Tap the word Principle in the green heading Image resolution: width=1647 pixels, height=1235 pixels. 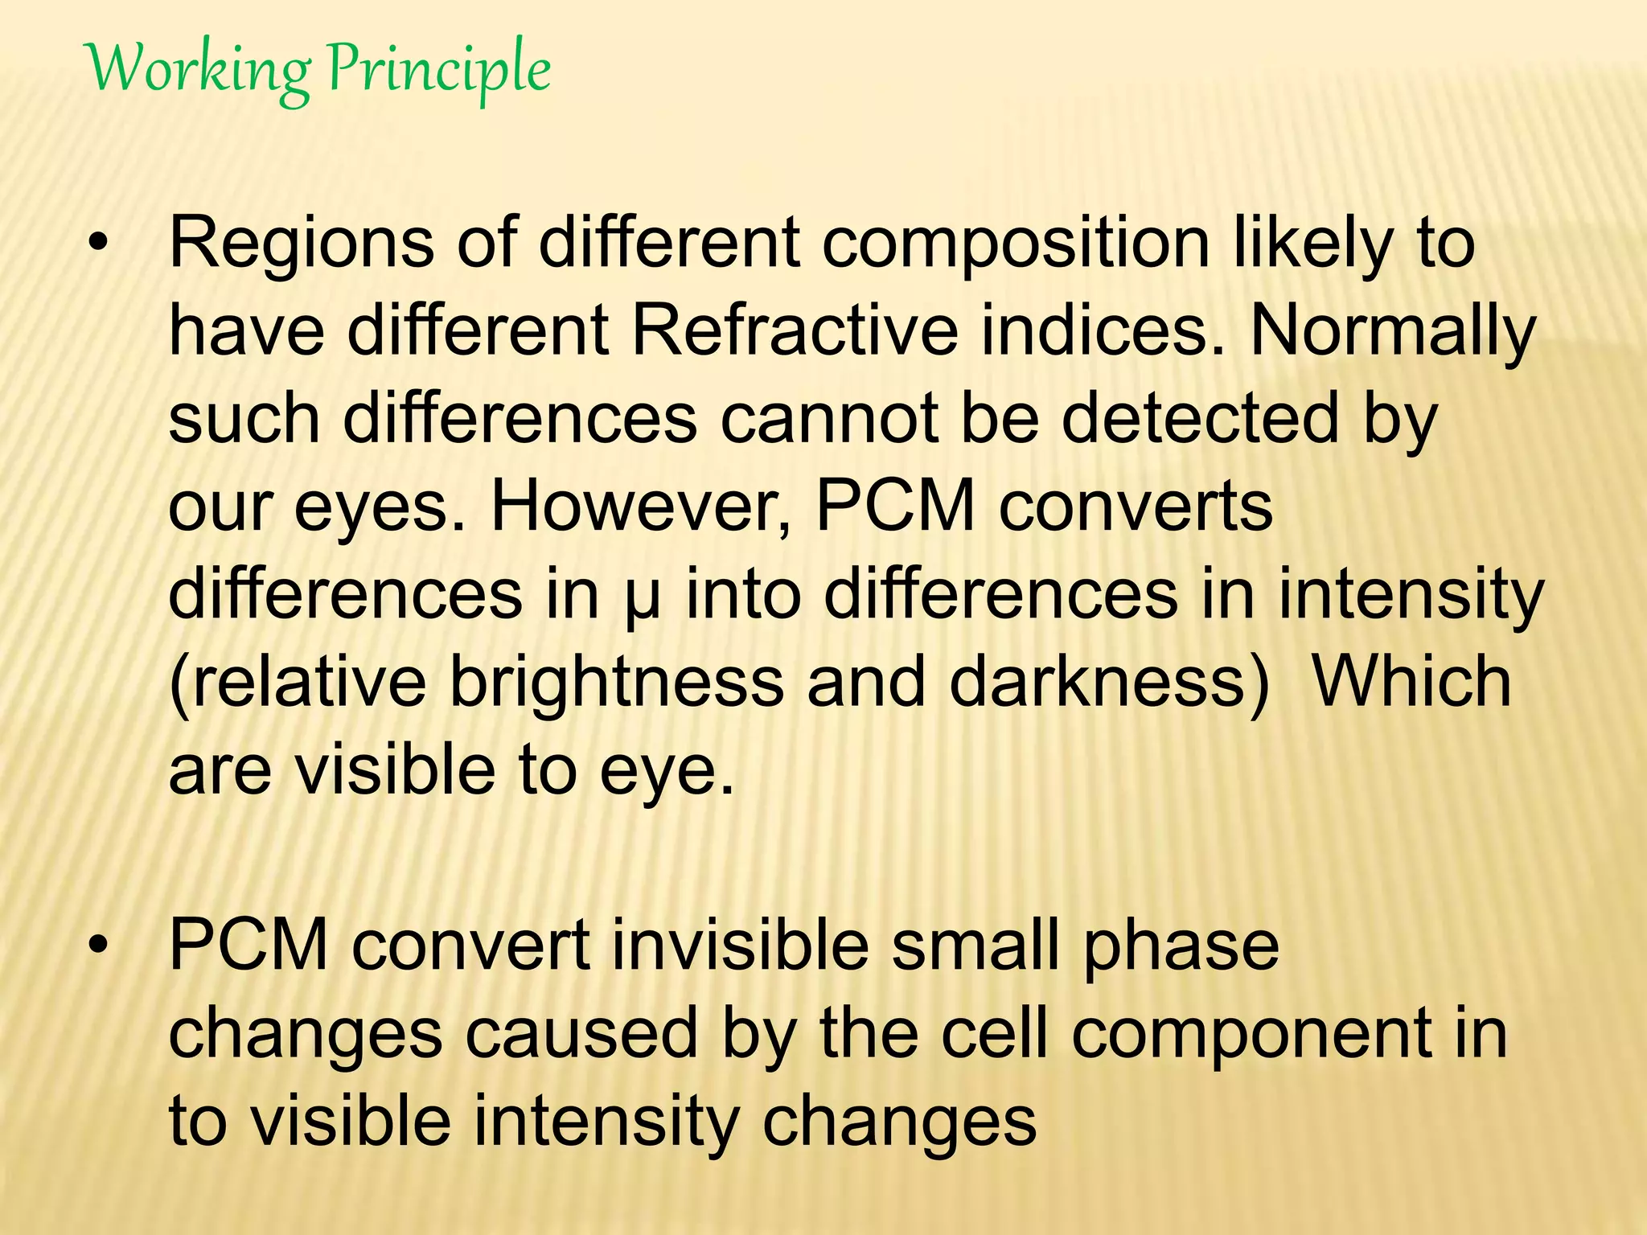(x=439, y=71)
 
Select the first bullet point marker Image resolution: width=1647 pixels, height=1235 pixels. (x=98, y=244)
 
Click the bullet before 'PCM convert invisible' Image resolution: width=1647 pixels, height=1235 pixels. (x=98, y=947)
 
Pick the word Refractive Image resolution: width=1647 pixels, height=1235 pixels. (x=795, y=331)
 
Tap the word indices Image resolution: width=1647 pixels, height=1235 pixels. (x=1103, y=331)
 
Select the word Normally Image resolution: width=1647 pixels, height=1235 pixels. (x=1392, y=333)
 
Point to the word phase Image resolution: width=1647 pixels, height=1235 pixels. (x=1181, y=947)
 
